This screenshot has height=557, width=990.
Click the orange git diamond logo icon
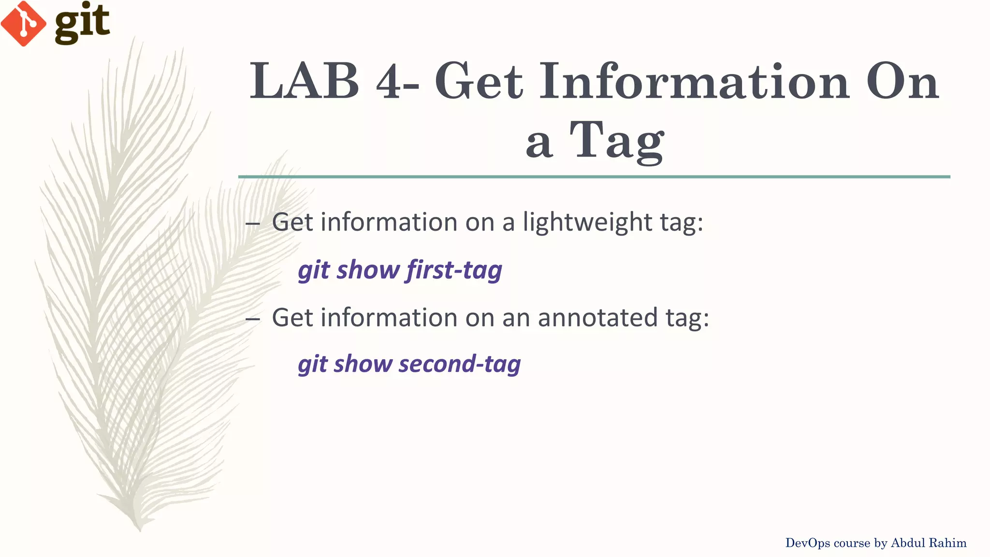[23, 23]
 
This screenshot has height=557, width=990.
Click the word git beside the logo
[82, 22]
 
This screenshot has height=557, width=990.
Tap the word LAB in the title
[305, 82]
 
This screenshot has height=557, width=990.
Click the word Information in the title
[694, 82]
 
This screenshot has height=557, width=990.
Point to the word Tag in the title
[617, 140]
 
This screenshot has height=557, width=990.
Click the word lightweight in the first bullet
[587, 222]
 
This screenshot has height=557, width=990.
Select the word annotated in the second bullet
[597, 318]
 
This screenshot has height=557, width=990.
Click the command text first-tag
[454, 270]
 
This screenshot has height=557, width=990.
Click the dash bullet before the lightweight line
[252, 223]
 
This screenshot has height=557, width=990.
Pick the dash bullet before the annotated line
[252, 319]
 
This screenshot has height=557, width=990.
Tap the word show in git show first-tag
[368, 270]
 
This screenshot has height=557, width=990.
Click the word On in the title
[902, 82]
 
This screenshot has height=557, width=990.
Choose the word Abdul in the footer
[908, 543]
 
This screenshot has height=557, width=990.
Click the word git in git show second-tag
[313, 364]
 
